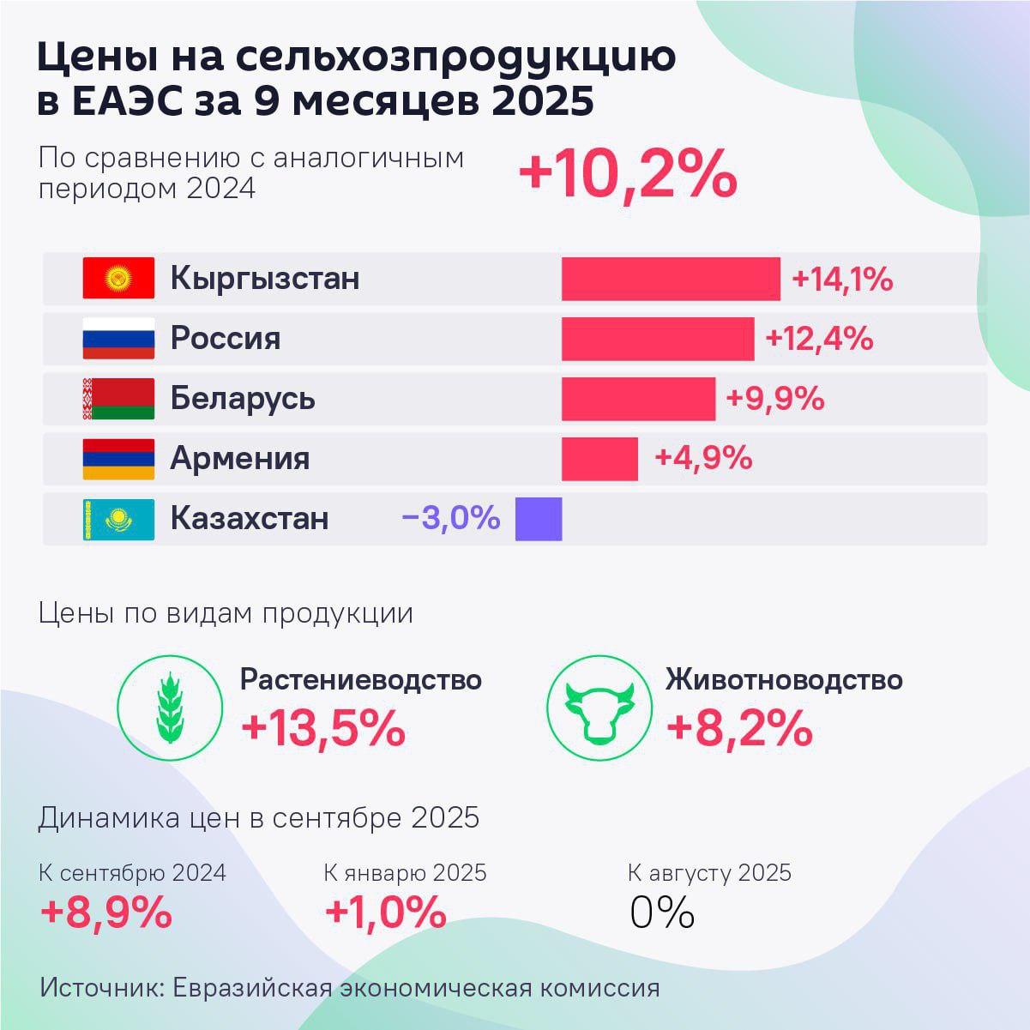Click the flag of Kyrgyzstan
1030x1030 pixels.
[x=118, y=278]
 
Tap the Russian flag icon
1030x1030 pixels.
[x=118, y=338]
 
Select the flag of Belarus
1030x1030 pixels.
[x=118, y=398]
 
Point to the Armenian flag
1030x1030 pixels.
[x=118, y=458]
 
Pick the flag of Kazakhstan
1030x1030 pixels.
[x=118, y=519]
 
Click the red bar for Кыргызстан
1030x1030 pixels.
[x=671, y=279]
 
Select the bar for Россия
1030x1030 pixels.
[x=658, y=339]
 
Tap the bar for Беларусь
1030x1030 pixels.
[x=638, y=399]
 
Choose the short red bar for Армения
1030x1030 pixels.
[x=599, y=459]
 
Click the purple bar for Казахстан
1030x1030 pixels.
[x=539, y=519]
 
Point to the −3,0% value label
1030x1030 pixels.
[x=450, y=518]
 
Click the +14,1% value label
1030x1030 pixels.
[x=842, y=280]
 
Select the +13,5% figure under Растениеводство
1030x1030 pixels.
[x=322, y=729]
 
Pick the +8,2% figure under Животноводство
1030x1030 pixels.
[x=739, y=729]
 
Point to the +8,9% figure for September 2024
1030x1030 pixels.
[x=106, y=913]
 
